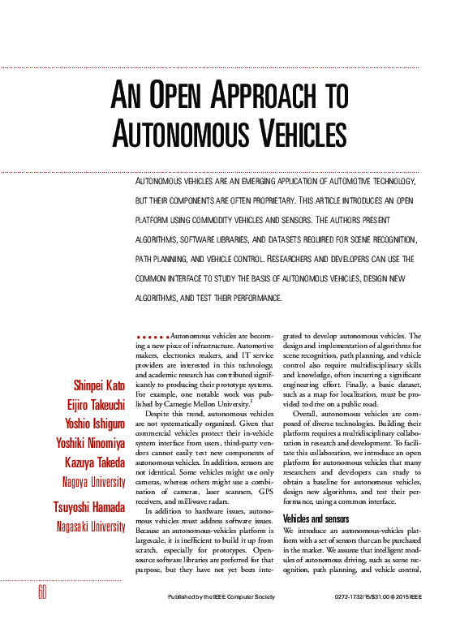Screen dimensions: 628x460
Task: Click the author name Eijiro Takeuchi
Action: click(96, 404)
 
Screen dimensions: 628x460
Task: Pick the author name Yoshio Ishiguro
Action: click(95, 424)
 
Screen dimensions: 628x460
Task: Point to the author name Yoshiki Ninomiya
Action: click(91, 443)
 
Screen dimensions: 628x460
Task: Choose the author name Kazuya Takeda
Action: click(96, 462)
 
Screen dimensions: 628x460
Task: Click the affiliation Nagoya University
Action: click(93, 482)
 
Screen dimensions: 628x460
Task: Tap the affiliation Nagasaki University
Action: click(91, 527)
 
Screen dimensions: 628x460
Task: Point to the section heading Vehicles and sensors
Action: click(316, 495)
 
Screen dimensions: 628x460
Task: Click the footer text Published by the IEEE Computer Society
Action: click(217, 597)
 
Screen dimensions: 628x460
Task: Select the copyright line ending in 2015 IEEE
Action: click(378, 597)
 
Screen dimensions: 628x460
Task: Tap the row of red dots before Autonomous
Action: click(152, 335)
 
